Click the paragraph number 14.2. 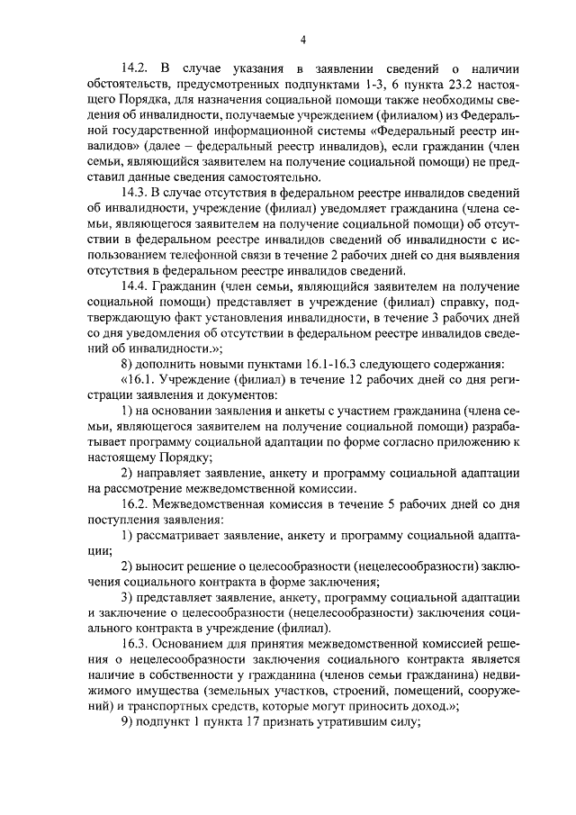[x=136, y=68]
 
